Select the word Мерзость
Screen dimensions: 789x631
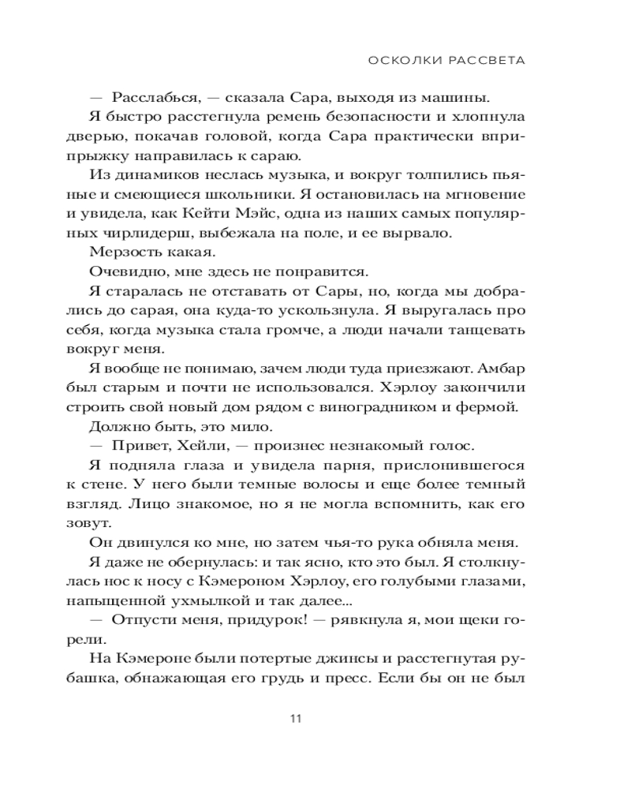click(125, 252)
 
